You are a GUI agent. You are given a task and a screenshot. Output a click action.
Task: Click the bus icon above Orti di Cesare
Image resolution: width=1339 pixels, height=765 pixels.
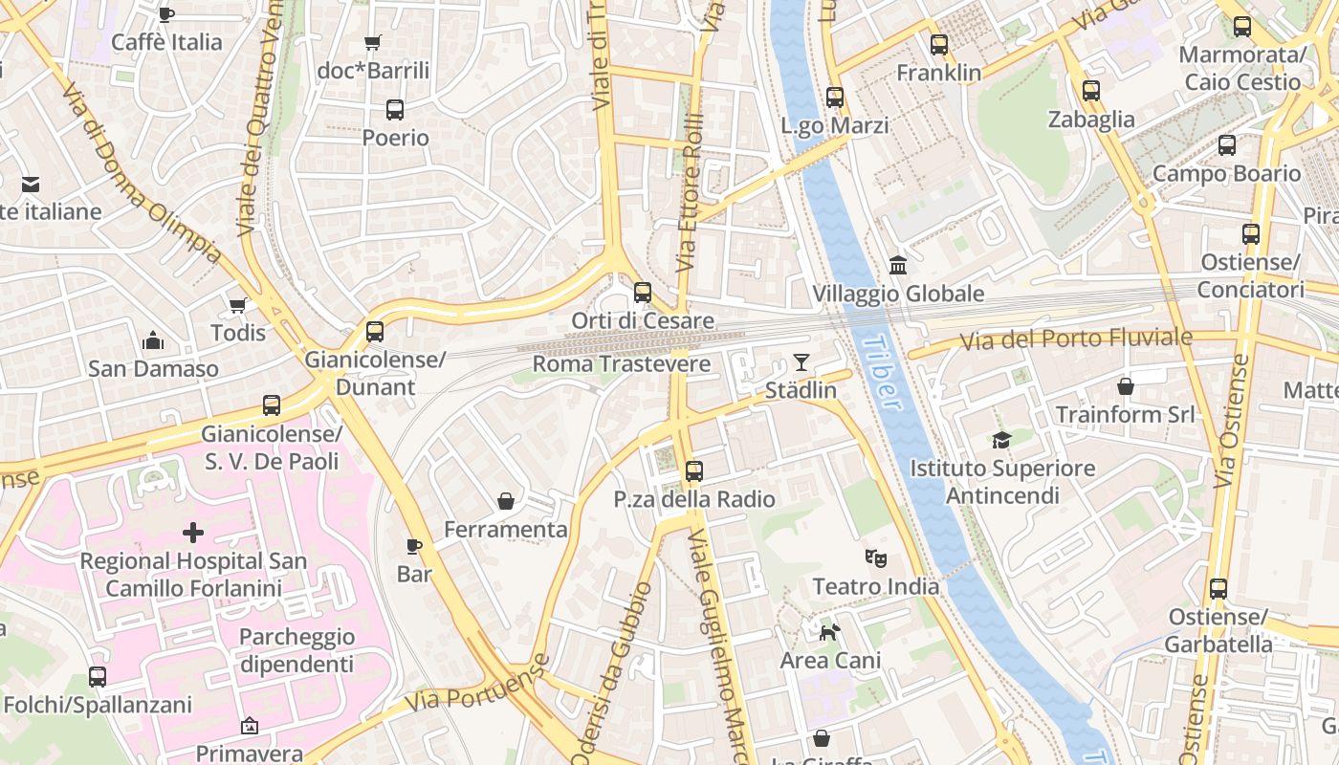click(643, 293)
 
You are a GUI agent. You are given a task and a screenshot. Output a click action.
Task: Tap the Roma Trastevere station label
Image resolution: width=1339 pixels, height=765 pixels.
click(622, 364)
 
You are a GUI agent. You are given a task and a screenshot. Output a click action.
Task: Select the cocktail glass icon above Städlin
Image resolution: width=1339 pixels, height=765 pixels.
click(801, 362)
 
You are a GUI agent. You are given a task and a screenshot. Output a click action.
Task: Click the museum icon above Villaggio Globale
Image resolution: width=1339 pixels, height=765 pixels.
click(897, 265)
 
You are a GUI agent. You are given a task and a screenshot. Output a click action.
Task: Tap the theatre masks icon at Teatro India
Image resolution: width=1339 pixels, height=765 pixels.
click(874, 557)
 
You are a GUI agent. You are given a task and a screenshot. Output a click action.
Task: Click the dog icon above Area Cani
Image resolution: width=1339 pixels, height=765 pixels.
click(830, 632)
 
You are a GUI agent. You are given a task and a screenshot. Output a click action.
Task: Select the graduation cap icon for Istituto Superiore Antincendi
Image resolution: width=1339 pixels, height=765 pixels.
click(1001, 440)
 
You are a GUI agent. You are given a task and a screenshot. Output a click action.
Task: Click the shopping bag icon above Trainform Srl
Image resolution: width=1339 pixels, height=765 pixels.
click(1126, 386)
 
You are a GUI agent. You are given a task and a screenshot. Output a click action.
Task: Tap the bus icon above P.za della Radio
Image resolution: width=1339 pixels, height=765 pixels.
click(694, 471)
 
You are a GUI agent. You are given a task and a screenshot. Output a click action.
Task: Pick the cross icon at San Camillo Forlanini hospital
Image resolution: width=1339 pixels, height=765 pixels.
click(193, 532)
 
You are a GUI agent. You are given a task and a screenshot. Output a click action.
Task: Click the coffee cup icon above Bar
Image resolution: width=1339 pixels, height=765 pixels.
click(414, 546)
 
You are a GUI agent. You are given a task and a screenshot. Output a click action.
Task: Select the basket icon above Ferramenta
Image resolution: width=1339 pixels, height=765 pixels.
click(506, 501)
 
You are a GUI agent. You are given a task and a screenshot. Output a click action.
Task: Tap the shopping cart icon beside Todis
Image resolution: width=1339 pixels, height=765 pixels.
click(238, 305)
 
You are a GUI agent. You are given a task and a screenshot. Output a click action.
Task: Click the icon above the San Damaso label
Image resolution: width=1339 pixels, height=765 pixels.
click(153, 340)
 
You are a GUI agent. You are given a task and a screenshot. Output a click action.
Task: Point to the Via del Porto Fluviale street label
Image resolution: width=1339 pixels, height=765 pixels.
click(1076, 339)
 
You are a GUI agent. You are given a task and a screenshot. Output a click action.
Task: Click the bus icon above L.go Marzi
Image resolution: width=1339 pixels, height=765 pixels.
click(835, 98)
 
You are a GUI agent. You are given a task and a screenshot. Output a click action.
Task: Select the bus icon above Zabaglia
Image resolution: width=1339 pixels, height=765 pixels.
click(1091, 92)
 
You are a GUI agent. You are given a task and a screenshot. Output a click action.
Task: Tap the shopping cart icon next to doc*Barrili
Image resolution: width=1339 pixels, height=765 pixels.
click(373, 42)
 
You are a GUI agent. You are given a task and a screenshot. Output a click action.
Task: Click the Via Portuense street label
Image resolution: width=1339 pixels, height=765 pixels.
click(477, 684)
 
